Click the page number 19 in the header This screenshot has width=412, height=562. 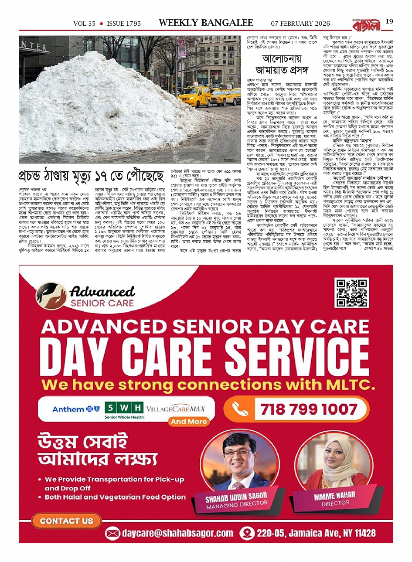389,21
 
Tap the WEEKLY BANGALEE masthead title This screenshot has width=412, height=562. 206,23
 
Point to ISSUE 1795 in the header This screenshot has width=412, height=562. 124,24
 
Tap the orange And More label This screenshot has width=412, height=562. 189,422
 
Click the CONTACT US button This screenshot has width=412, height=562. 66,521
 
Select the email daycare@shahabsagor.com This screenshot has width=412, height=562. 171,533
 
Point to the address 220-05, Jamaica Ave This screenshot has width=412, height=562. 316,533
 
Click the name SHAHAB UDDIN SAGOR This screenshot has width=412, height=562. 236,497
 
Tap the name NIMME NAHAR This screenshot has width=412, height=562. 334,496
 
